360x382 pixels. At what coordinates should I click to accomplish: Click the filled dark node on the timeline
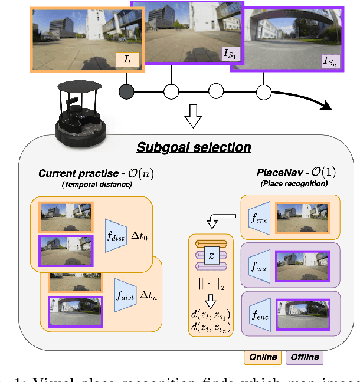point(126,91)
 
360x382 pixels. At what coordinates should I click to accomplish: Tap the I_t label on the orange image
point(128,59)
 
